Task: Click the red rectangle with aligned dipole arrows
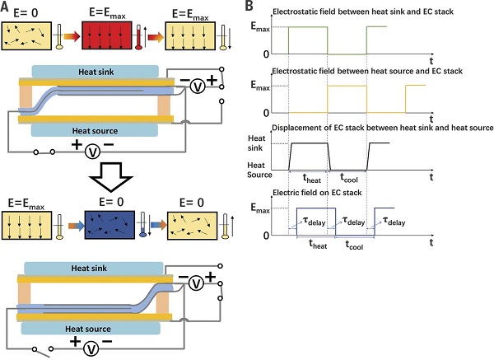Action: tap(107, 35)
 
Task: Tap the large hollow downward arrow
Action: tap(111, 177)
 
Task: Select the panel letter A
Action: tap(5, 7)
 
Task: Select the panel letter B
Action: tap(249, 7)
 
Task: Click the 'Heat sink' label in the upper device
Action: tap(96, 72)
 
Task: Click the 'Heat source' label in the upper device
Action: tap(96, 131)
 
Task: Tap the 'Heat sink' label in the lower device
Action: tap(89, 269)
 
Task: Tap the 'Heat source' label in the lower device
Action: tap(88, 329)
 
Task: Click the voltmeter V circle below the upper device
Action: tap(92, 152)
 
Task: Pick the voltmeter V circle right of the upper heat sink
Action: tap(198, 86)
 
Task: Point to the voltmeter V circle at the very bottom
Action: tap(91, 348)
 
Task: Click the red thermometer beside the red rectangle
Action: tap(138, 37)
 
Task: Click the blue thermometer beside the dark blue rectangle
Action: tap(142, 224)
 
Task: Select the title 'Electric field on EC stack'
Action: tap(317, 193)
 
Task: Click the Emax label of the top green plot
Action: tap(260, 27)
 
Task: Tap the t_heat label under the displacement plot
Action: tap(312, 179)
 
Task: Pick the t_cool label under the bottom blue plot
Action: tap(354, 245)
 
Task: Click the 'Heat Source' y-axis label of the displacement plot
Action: tap(259, 170)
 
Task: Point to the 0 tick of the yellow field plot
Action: tap(267, 113)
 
